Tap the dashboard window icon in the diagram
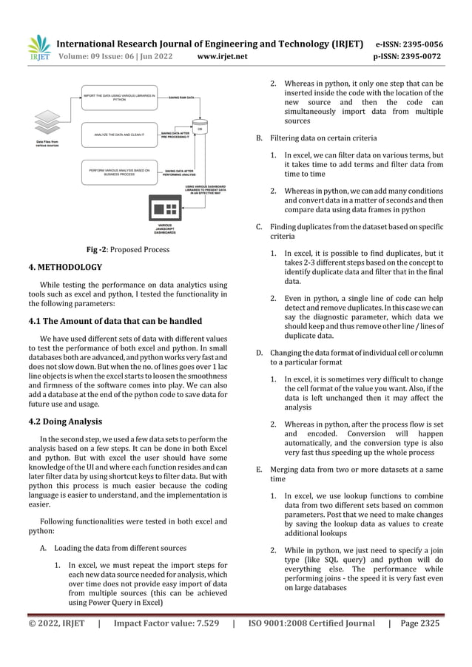click(166, 206)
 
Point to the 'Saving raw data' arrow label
click(182, 98)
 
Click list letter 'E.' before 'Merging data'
click(259, 469)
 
